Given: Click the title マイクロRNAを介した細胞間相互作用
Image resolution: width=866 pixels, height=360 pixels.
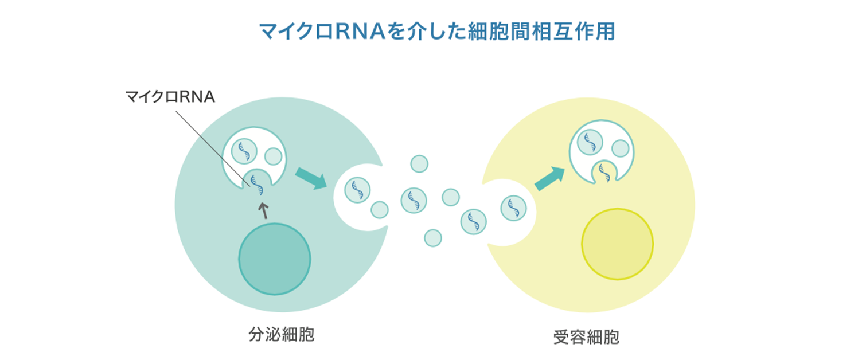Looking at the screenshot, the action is [x=437, y=32].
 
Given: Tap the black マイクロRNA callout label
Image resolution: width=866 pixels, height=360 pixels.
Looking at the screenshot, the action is [x=170, y=96].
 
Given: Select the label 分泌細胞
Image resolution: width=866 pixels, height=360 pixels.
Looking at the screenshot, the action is [x=281, y=335].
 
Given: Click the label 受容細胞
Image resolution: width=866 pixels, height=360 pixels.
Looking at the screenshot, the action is [x=586, y=337].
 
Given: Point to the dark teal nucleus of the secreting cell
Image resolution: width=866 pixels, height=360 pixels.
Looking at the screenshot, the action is [x=275, y=259].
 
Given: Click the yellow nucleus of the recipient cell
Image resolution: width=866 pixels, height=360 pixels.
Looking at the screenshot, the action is [x=618, y=244].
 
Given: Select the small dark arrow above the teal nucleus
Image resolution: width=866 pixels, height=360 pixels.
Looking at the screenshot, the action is [x=264, y=211].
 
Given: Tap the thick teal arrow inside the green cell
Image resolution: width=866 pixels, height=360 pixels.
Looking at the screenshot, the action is [x=311, y=179].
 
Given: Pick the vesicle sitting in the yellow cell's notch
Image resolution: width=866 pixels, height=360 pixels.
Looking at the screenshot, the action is [x=513, y=208].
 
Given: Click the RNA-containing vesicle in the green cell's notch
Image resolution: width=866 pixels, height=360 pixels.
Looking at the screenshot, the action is [x=357, y=190].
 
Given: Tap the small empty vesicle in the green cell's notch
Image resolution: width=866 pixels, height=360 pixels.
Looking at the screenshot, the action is [x=380, y=210].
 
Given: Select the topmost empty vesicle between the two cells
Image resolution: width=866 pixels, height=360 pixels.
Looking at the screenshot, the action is [x=419, y=164].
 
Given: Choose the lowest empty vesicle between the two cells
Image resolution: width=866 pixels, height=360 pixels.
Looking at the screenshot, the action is [x=433, y=238].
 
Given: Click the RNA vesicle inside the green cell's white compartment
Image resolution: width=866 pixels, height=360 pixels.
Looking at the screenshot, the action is [x=244, y=151].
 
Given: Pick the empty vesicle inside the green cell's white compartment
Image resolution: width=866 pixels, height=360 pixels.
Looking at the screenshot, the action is [x=274, y=156].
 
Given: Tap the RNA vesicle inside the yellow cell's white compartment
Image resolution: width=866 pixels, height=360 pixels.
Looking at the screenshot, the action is [x=590, y=143].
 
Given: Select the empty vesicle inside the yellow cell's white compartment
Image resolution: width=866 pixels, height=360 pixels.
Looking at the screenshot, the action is [x=621, y=148].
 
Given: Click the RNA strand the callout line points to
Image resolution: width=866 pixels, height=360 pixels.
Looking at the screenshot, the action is [x=257, y=185].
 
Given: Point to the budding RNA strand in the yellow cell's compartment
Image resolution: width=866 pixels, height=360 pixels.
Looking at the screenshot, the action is [x=604, y=173].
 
